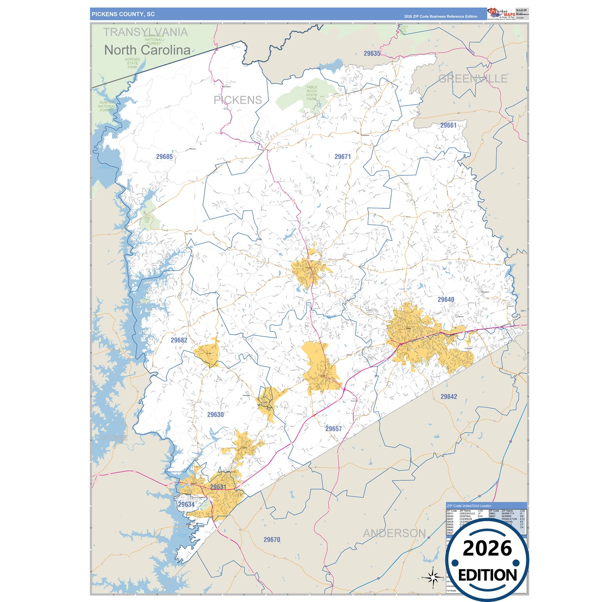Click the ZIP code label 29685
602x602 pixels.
click(164, 157)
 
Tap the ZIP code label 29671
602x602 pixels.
click(342, 157)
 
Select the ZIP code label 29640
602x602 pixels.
click(446, 300)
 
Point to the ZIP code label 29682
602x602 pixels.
click(179, 340)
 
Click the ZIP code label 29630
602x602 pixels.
click(215, 415)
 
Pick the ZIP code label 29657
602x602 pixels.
click(333, 429)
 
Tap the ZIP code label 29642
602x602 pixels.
click(449, 397)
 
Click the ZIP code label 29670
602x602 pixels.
click(272, 540)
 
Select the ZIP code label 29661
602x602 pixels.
click(448, 125)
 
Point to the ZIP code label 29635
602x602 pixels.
click(372, 53)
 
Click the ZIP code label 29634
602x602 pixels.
click(186, 505)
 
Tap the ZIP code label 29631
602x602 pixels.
click(218, 487)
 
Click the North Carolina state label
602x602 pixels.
click(147, 50)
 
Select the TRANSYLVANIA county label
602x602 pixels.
click(145, 32)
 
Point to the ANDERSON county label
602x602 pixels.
click(394, 533)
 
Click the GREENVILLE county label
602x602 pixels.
click(473, 79)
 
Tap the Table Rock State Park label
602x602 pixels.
click(312, 93)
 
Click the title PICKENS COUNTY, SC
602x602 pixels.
click(123, 14)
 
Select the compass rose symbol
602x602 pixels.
click(433, 577)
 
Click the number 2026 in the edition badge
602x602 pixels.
click(487, 548)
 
